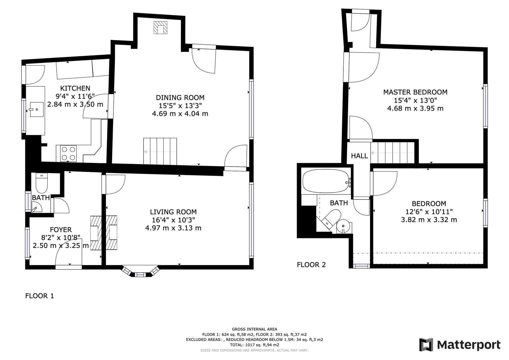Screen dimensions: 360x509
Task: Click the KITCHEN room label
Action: tap(75, 88)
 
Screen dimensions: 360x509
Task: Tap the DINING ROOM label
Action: tap(180, 98)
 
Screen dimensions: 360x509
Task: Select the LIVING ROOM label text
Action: tap(173, 212)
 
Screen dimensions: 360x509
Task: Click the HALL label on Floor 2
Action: tap(359, 156)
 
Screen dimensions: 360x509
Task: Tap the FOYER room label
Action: tap(61, 230)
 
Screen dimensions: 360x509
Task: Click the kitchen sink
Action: tap(36, 109)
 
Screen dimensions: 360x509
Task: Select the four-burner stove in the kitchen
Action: tap(68, 153)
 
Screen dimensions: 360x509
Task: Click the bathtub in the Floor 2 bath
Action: tap(326, 181)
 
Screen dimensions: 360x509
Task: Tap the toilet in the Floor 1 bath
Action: tap(42, 182)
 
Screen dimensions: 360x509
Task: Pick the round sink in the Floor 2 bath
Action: tap(343, 227)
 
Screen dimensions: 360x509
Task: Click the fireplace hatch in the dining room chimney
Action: tap(160, 28)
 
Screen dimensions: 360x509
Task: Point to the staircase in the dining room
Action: tap(160, 151)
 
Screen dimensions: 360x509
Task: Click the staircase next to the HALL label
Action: tap(393, 153)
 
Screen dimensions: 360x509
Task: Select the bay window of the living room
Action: tap(140, 272)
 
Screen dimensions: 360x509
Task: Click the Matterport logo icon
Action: tap(426, 345)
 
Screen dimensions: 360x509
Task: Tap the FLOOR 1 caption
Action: tap(39, 296)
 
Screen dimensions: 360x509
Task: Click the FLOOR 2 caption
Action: tap(311, 265)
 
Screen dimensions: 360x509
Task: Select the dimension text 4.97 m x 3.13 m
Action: tap(173, 228)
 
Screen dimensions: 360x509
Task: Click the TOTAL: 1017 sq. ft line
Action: tap(254, 345)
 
